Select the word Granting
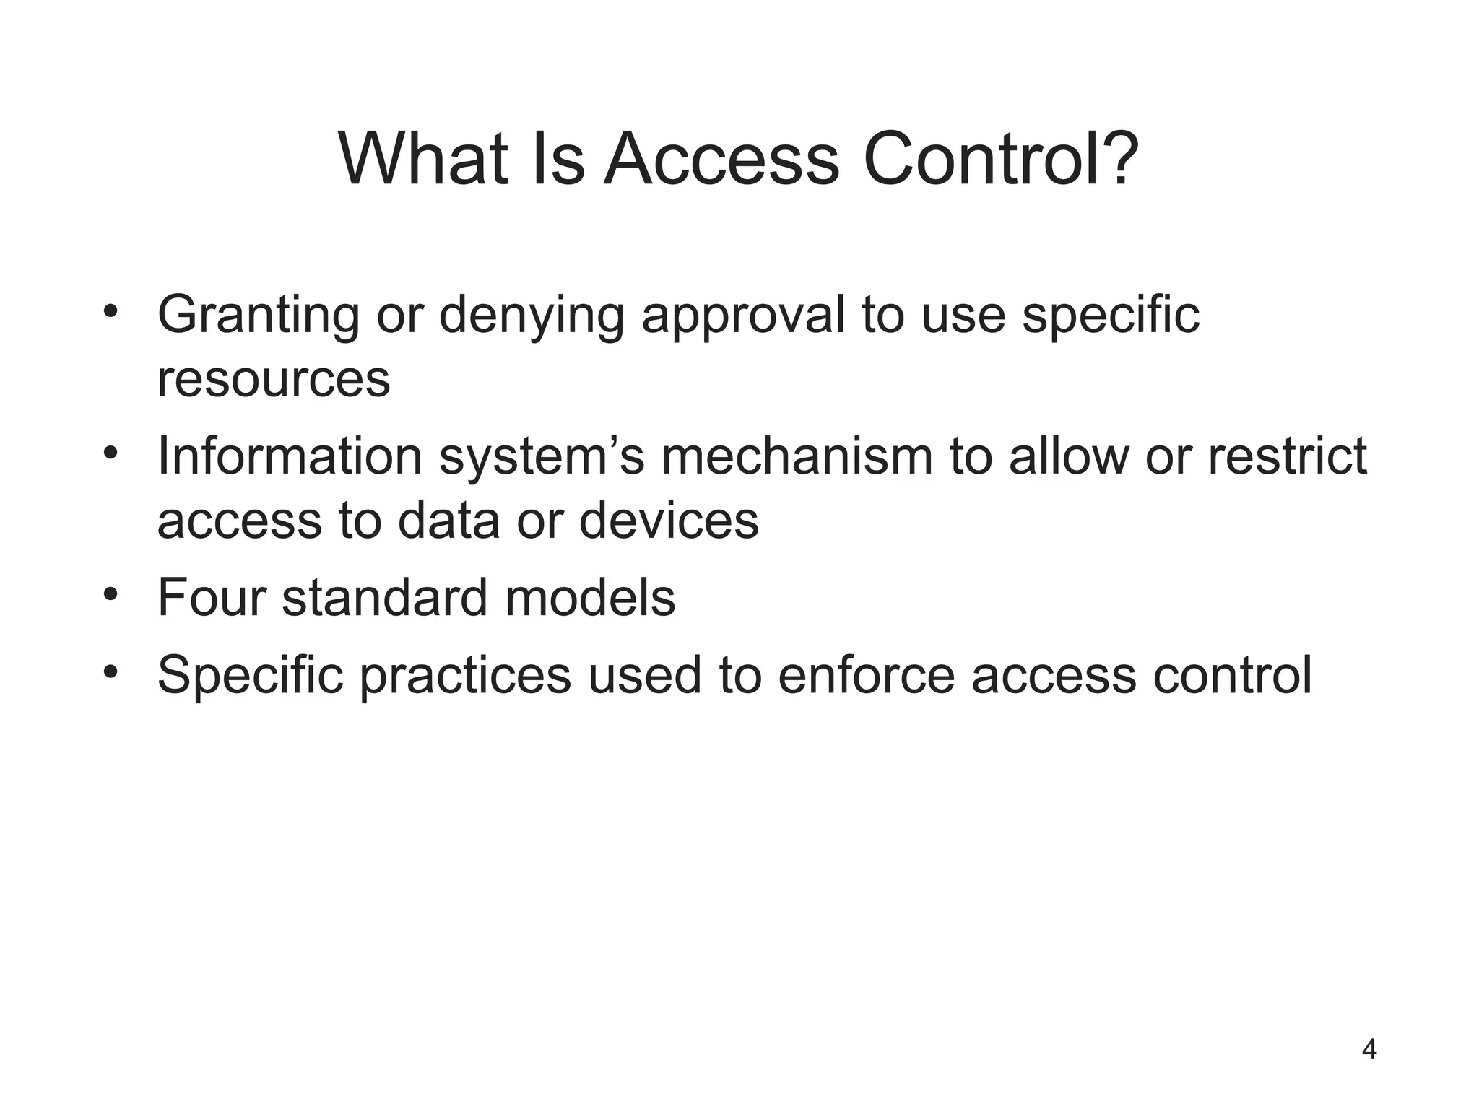(258, 316)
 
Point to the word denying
(531, 316)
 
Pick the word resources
(274, 380)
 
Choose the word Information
(290, 457)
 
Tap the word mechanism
(797, 457)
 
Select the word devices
(669, 521)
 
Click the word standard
(385, 598)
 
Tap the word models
(590, 598)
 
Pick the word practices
(465, 676)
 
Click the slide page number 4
(1369, 1049)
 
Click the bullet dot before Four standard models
(110, 596)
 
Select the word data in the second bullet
(448, 521)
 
